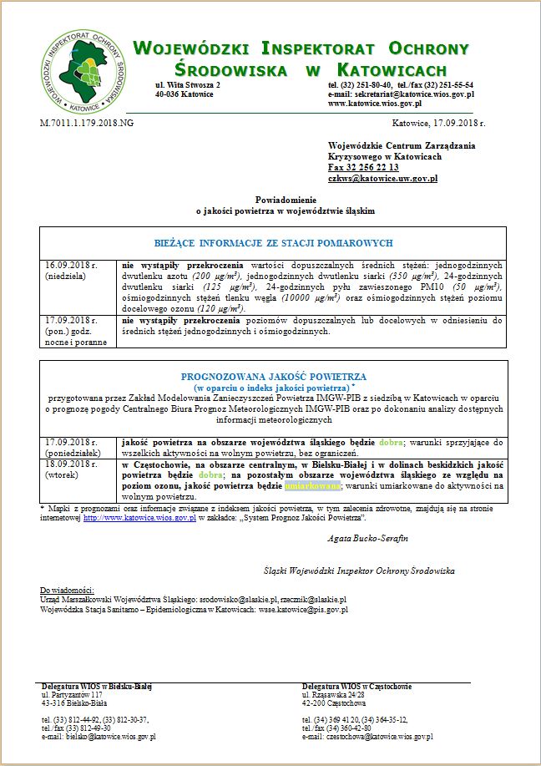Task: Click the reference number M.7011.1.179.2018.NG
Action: pos(87,123)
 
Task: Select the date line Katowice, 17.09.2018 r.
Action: pos(438,123)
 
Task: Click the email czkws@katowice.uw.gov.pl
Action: pos(382,179)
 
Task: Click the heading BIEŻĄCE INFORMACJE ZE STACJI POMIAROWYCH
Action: pos(273,242)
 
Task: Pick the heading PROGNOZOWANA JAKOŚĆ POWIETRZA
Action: pos(273,377)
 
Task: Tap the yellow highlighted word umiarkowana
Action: pos(312,484)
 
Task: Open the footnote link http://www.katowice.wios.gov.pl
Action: pos(139,518)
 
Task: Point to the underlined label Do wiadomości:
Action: pos(67,590)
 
